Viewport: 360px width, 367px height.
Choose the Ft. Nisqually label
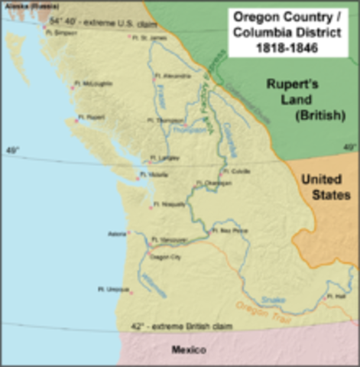167,204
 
